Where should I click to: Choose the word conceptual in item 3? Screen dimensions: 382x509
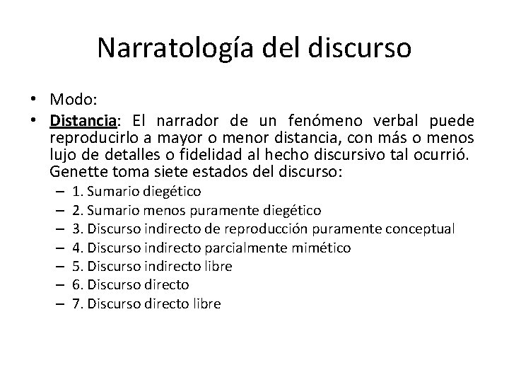click(x=421, y=229)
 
